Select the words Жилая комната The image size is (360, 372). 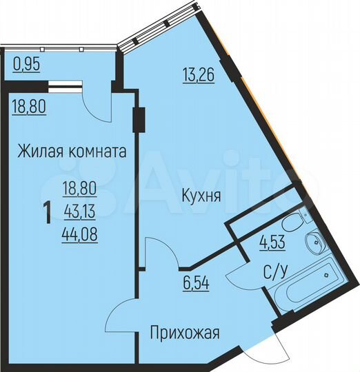click(x=72, y=152)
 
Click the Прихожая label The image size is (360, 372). click(x=184, y=334)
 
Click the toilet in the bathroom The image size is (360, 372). click(x=293, y=222)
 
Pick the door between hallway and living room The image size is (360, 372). click(x=124, y=317)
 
